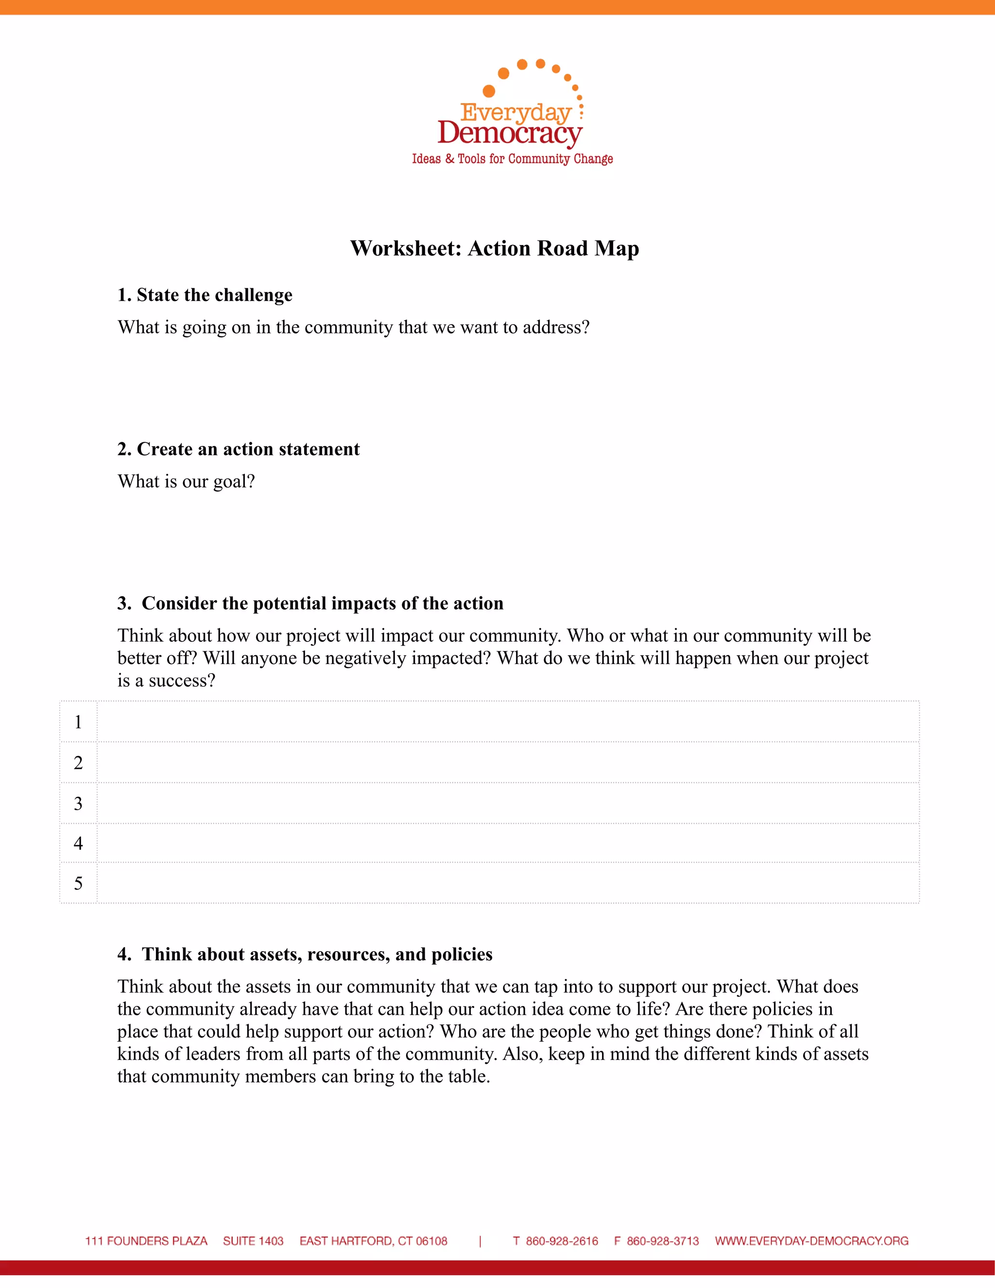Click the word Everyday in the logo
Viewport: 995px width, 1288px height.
[516, 112]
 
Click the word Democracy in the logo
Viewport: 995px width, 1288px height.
[510, 133]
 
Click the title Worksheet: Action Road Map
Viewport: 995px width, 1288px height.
[495, 248]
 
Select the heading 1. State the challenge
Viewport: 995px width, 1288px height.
[205, 295]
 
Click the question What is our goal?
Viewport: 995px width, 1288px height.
[186, 481]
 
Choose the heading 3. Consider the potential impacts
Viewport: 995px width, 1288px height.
[310, 603]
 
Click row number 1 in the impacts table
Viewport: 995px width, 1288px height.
[78, 722]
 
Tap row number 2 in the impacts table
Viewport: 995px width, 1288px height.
[78, 763]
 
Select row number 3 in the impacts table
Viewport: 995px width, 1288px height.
[78, 803]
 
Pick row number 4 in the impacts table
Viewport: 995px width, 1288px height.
[78, 843]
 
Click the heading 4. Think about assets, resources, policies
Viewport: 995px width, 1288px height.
[305, 954]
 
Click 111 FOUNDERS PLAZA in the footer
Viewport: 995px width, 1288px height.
[146, 1241]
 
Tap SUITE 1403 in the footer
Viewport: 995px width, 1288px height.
[254, 1241]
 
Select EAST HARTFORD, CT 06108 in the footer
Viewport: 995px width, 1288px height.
[373, 1241]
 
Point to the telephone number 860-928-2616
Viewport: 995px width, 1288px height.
[562, 1241]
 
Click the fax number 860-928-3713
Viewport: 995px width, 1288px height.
[663, 1241]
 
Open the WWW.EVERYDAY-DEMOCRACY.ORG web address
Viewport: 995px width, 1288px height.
[812, 1241]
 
